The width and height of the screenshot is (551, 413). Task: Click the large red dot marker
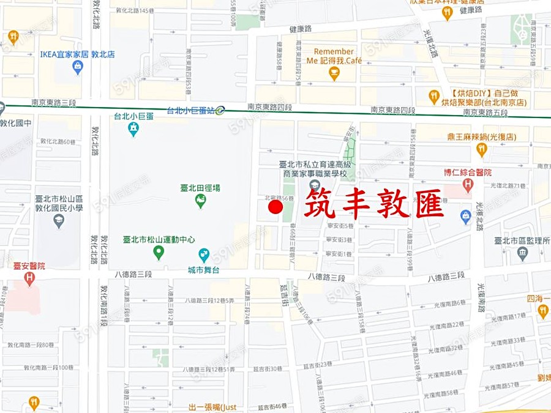coord(275,208)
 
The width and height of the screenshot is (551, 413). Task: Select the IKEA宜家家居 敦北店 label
coord(77,54)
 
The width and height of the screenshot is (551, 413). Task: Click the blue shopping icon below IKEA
coord(77,67)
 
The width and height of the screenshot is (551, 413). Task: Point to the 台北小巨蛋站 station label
coord(190,111)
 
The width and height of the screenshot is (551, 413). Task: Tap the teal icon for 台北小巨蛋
coord(133,128)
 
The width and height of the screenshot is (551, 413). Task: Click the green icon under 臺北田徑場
coord(200,201)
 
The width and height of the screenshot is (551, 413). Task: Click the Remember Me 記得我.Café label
coord(334,56)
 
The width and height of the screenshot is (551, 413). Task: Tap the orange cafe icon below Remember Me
coord(334,73)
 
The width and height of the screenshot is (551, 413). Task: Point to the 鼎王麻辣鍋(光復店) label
coord(482,137)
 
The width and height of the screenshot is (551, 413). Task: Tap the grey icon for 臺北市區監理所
coord(522,253)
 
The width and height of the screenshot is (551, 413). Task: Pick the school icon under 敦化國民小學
coord(59,221)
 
